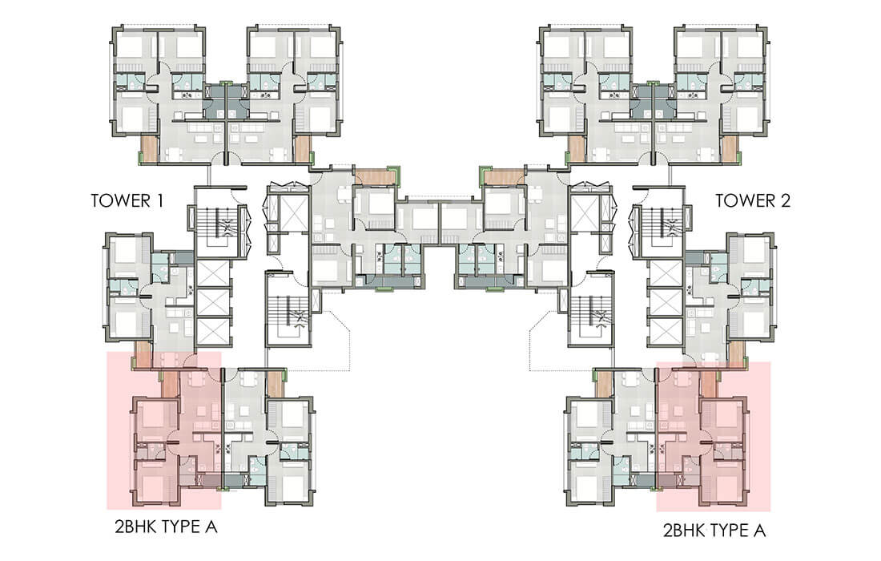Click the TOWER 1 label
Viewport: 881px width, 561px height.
127,200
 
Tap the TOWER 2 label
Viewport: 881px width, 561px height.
752,200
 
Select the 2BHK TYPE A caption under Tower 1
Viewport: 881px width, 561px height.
166,527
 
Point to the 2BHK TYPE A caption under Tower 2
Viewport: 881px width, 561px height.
714,530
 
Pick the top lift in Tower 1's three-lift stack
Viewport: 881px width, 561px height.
212,274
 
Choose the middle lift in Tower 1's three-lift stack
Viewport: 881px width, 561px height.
212,303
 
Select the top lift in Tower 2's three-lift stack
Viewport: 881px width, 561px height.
666,274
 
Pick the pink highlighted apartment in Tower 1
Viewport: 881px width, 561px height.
163,430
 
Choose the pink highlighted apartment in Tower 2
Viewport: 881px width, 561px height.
714,436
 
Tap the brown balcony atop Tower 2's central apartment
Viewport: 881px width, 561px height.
504,176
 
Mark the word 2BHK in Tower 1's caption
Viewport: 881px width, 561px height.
135,527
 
